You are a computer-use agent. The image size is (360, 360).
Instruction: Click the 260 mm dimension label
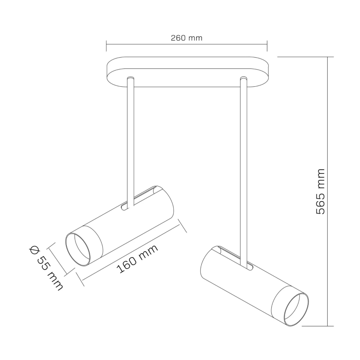coord(186,38)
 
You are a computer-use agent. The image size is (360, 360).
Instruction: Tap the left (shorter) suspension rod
coord(131,141)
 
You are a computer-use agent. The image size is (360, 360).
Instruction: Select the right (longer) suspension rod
coord(244,166)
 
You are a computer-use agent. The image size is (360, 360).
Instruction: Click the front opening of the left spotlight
coord(81,249)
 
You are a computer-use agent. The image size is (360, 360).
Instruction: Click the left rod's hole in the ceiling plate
coord(131,78)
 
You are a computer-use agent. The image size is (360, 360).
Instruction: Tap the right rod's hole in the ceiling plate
coord(244,78)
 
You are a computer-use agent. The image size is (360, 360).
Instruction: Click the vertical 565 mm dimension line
coord(328,191)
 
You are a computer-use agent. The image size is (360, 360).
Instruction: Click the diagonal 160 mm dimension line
coord(134,251)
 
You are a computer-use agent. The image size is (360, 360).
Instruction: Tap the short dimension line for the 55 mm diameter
coord(61,258)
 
